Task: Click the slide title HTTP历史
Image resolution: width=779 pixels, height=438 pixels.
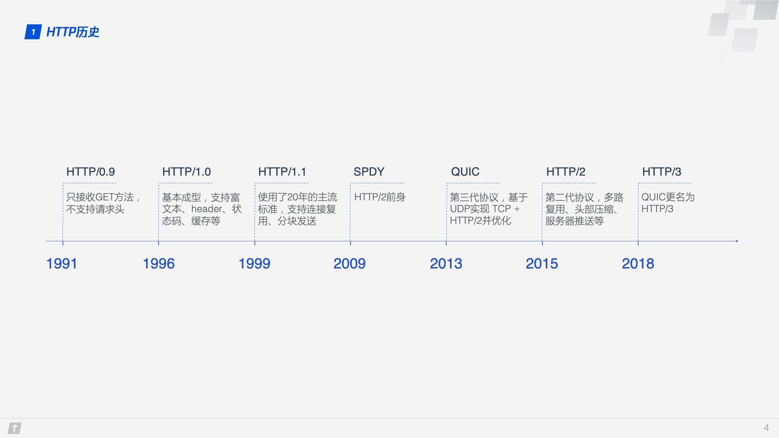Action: [x=73, y=32]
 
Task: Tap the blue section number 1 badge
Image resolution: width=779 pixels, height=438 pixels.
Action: [x=33, y=32]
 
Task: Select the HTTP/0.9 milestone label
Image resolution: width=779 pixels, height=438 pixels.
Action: [x=90, y=172]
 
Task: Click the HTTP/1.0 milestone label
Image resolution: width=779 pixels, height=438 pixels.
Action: [x=186, y=172]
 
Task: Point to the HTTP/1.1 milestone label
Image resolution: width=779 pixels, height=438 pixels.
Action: [x=282, y=172]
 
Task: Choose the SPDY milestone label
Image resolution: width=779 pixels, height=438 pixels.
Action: [x=369, y=172]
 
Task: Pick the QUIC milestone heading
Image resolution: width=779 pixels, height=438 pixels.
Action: [x=465, y=172]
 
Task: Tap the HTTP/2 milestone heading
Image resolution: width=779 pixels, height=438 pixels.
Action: [x=566, y=172]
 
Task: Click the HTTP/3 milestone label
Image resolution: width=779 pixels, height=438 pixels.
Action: [x=661, y=172]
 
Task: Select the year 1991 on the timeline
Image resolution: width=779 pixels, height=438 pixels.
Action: [x=62, y=264]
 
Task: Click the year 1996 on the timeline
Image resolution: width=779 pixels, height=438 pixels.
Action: [x=158, y=264]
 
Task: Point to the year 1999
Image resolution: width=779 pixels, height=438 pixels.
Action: [x=254, y=264]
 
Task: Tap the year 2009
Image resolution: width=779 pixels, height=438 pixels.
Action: [x=349, y=264]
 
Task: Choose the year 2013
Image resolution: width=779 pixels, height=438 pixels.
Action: [x=446, y=264]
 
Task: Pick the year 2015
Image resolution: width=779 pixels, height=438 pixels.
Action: [x=542, y=264]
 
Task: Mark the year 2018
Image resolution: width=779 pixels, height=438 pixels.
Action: [x=638, y=264]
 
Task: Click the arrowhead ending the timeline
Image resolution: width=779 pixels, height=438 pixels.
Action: [x=737, y=241]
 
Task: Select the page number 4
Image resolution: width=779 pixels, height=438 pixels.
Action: [x=766, y=428]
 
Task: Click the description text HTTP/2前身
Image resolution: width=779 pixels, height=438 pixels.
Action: [x=380, y=198]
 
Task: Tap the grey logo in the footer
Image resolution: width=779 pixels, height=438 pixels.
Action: [x=15, y=428]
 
